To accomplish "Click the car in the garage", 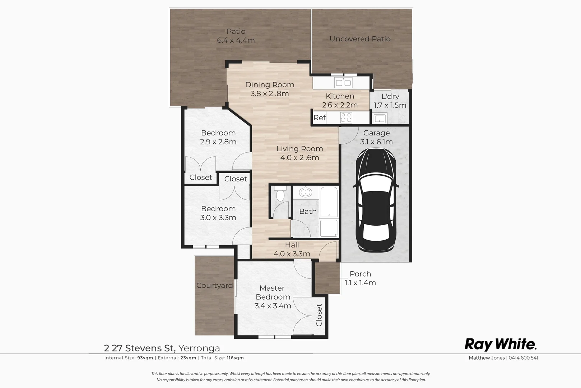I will click(x=376, y=201).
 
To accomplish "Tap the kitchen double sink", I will click(x=343, y=83).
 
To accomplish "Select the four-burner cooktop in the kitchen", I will click(x=346, y=117).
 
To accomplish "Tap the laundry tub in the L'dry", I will click(x=379, y=118).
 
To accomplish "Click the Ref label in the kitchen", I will click(x=319, y=117).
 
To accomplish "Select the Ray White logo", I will click(x=501, y=344).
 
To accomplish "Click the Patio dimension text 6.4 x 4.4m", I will click(x=236, y=40).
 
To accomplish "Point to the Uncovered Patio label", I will click(x=360, y=39).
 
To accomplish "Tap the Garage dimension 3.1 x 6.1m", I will click(x=376, y=142).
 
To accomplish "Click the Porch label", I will click(x=360, y=274).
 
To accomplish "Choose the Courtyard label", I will click(x=214, y=286).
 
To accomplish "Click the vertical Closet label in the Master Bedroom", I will click(x=319, y=315).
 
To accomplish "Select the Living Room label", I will click(x=299, y=149).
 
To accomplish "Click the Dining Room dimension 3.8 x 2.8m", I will click(x=269, y=94).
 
